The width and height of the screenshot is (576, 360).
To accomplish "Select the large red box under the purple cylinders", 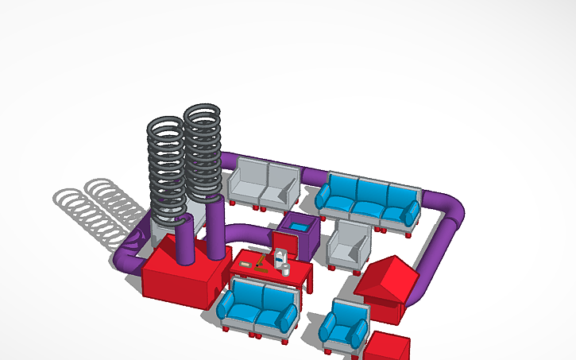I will coord(179,278).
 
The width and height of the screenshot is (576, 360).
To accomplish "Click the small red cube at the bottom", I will coord(388,346).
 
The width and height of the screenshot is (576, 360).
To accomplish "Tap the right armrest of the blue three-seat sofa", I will coord(412,213).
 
